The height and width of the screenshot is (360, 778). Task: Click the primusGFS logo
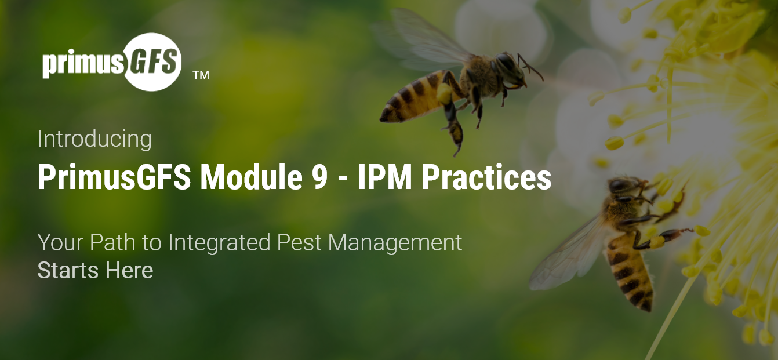coord(112,62)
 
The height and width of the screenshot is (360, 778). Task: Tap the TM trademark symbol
coord(201,75)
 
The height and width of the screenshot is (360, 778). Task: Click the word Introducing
coord(94,139)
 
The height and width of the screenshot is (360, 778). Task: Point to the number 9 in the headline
coord(312,178)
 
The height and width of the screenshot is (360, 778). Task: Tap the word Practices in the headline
coord(486,178)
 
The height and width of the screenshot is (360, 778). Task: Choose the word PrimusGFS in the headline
coord(114,178)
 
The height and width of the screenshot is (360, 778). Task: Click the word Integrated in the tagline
coord(219,242)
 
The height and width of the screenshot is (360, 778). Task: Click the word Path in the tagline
coord(114,242)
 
